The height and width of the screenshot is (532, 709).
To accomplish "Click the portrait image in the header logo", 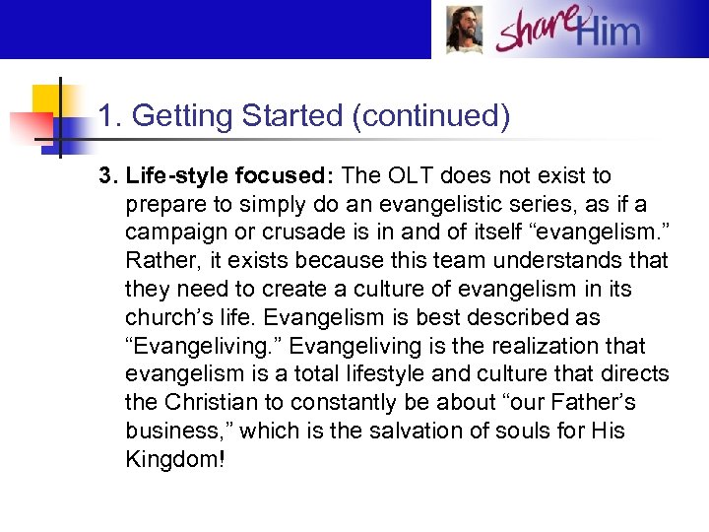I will click(x=464, y=30).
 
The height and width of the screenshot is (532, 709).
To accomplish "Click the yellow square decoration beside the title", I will click(x=49, y=101).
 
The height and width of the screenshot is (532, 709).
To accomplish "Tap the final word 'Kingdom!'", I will click(x=175, y=460).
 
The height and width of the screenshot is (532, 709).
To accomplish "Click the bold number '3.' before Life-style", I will click(x=107, y=176).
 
